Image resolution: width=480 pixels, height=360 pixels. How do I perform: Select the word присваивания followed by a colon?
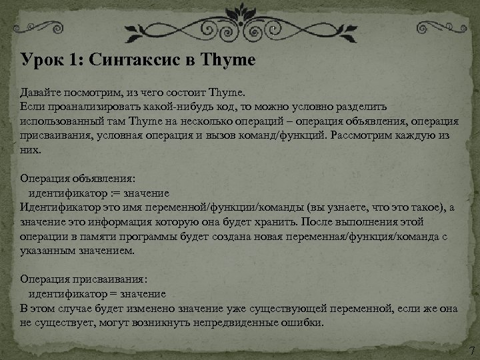pyautogui.click(x=99, y=279)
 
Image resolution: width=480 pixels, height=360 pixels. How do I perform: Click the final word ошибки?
pyautogui.click(x=302, y=323)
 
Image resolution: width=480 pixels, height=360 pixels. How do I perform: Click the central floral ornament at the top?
pyautogui.click(x=240, y=17)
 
